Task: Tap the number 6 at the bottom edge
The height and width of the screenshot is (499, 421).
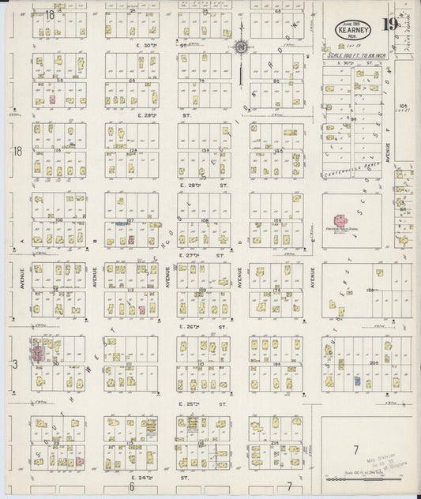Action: pos(131,487)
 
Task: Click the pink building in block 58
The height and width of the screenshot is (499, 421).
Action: pos(53,100)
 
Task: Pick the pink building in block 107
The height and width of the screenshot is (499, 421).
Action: pos(130,238)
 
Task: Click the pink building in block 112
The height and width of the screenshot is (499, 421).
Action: pos(141,310)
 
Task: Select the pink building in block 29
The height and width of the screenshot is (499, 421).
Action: pos(79,460)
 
